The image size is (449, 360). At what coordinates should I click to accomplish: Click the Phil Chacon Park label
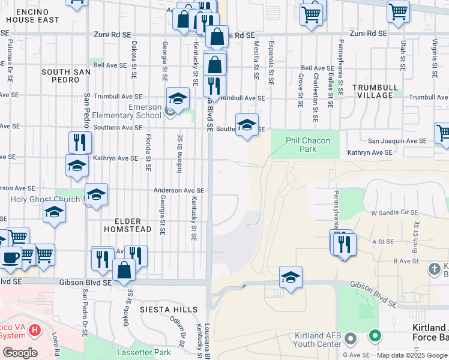coord(307,145)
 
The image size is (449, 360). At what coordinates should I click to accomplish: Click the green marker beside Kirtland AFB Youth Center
coord(375,336)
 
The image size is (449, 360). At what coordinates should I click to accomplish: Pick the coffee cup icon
coord(9,257)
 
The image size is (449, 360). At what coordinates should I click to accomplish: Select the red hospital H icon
coord(35,330)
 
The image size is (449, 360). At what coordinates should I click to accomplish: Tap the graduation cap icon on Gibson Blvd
coord(291,277)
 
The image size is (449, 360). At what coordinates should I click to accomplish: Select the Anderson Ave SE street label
coord(179,190)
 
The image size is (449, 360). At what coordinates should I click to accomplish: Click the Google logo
coord(19,353)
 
